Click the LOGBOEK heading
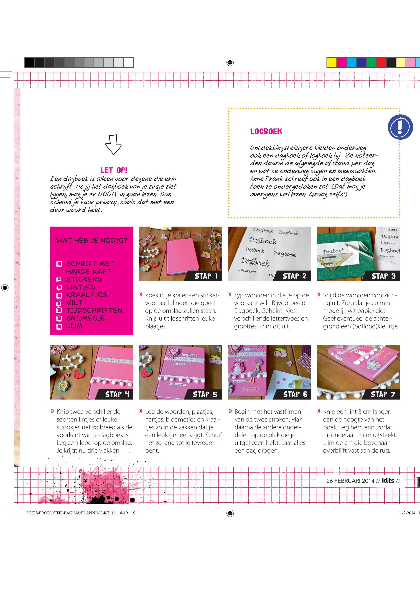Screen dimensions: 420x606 pyautogui.click(x=266, y=131)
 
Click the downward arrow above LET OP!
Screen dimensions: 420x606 pyautogui.click(x=113, y=145)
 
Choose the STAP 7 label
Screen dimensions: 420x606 pyautogui.click(x=383, y=394)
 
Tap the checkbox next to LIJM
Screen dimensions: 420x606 pyautogui.click(x=59, y=326)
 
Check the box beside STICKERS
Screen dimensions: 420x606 pyautogui.click(x=59, y=279)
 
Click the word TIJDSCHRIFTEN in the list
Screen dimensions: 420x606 pyautogui.click(x=94, y=310)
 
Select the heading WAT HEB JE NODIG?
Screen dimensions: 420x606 pyautogui.click(x=92, y=240)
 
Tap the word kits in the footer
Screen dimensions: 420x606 pyautogui.click(x=388, y=480)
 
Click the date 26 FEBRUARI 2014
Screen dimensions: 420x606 pyautogui.click(x=350, y=481)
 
